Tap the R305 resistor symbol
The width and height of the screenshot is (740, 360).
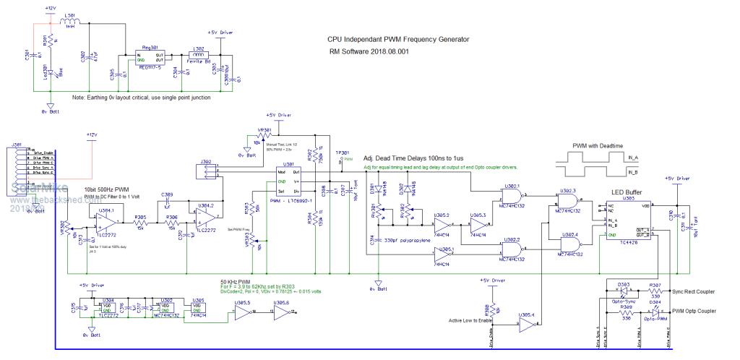pyautogui.click(x=141, y=222)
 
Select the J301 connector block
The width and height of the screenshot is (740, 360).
pyautogui.click(x=18, y=174)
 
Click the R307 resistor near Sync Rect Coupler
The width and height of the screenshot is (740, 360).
pyautogui.click(x=655, y=291)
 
